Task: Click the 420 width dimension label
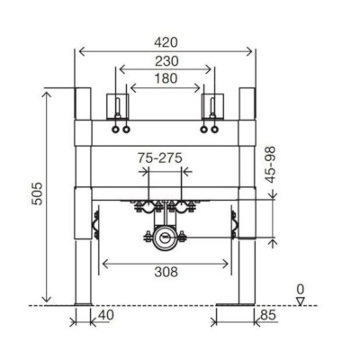tap(166, 42)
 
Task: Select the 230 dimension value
tap(166, 61)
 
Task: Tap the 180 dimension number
tap(166, 78)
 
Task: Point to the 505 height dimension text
tap(38, 193)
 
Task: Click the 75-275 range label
tap(160, 157)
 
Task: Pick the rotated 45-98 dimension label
tap(271, 165)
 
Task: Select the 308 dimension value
tap(166, 272)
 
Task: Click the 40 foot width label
tap(106, 315)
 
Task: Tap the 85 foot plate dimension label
tap(268, 315)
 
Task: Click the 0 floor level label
tap(301, 290)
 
